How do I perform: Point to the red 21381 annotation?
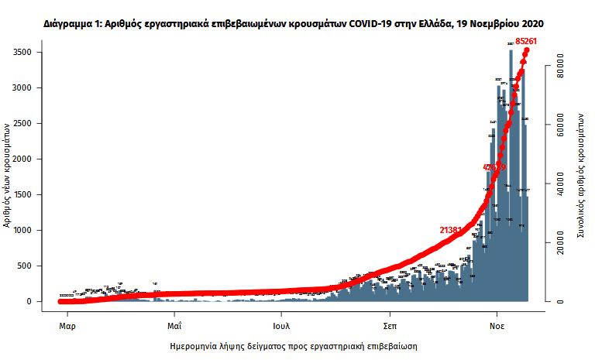coord(452,230)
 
